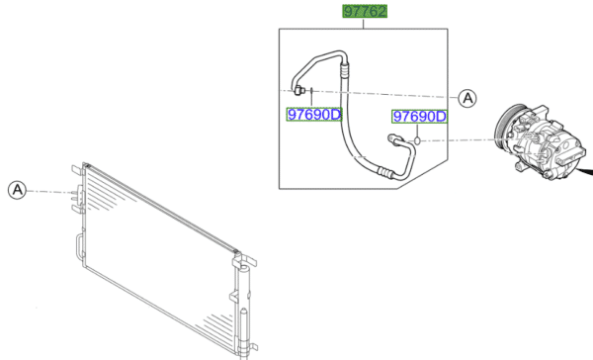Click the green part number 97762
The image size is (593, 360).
point(365,11)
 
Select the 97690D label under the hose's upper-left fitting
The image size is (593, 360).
point(314,115)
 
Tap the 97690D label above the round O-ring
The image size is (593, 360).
point(419,117)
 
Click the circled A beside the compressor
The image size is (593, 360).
point(467,99)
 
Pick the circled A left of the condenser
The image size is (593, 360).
point(18,190)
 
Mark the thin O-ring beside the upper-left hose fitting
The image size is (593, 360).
point(311,91)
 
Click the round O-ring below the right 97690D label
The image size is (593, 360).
point(417,140)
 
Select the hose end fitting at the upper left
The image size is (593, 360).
point(299,90)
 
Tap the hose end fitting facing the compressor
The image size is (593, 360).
point(393,138)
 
